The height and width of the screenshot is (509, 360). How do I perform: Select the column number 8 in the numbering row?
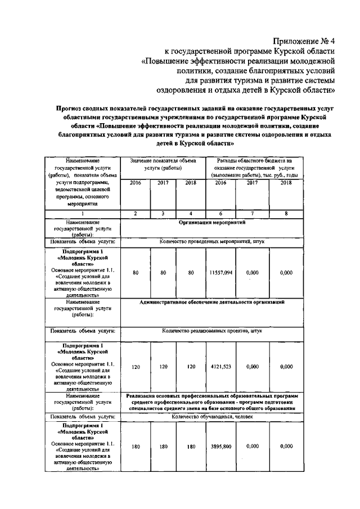point(286,214)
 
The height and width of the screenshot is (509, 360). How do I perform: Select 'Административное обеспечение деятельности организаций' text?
point(212,302)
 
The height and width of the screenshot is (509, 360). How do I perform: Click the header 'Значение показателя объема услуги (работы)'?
point(163,164)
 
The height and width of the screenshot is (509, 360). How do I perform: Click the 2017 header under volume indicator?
point(163,183)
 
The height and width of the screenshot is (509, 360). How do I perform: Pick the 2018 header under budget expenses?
point(286,183)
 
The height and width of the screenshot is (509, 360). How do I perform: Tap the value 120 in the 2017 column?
point(163,367)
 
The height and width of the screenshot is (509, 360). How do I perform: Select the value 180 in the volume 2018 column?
point(191,446)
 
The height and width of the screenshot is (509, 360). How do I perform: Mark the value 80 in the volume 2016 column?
point(136,272)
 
